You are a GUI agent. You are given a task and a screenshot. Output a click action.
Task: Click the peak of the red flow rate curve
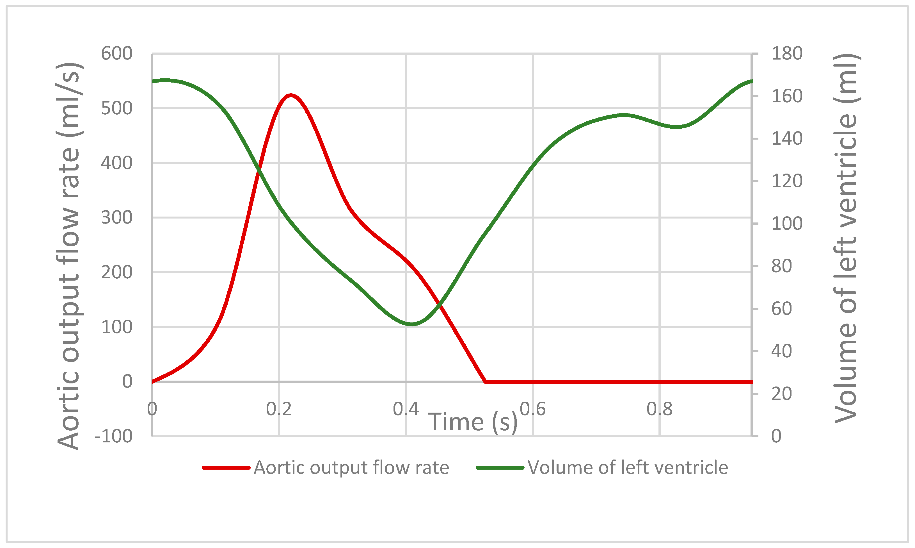point(291,95)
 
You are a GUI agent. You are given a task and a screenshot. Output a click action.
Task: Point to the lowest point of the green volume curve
point(412,324)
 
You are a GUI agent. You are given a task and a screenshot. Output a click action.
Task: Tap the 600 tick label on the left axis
point(116,54)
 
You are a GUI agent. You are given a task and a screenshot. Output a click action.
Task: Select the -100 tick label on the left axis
point(113,436)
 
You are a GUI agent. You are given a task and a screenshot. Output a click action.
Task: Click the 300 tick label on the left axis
point(116,218)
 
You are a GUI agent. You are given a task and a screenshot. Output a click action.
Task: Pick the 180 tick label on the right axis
point(787,54)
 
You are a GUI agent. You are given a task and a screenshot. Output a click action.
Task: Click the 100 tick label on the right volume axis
point(787,224)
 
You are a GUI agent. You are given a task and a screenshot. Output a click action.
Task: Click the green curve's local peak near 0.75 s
point(624,115)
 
